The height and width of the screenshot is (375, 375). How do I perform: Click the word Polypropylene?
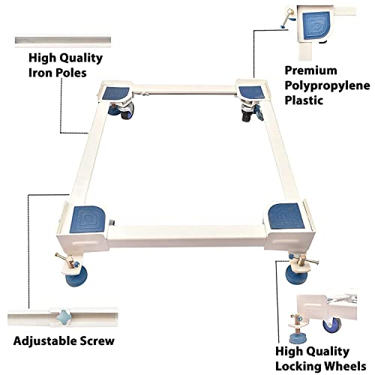point(327,85)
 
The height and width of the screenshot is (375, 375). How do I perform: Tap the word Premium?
point(310,70)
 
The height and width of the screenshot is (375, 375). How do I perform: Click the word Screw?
point(97,341)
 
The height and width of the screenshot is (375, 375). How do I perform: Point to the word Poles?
point(71,73)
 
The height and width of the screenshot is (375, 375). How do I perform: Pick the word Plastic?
point(304,100)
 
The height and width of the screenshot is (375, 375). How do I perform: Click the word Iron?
point(40,73)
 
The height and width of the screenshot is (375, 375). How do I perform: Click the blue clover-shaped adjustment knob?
point(64,316)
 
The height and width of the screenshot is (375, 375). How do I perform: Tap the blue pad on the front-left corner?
point(88,219)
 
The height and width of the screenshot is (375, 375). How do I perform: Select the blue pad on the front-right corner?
point(286,216)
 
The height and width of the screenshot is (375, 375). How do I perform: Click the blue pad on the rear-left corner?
point(115,93)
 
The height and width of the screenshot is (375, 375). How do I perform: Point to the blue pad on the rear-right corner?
point(251,92)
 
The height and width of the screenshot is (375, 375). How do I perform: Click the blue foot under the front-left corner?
point(76,276)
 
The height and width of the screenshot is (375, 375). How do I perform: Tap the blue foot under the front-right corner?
point(296,275)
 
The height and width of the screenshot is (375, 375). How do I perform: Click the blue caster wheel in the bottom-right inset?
point(332,325)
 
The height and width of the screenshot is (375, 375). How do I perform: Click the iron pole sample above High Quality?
point(63,40)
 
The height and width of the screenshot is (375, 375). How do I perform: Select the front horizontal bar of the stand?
point(186,235)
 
